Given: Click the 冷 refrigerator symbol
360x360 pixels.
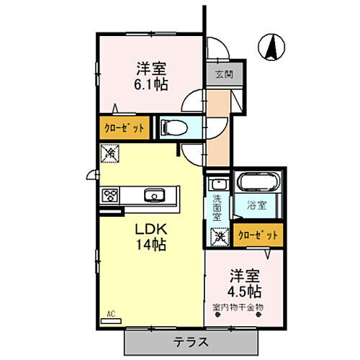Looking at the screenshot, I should tap(110, 153).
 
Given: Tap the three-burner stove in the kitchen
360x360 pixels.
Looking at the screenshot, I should tap(110, 195).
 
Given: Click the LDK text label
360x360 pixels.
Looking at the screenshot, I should tap(150, 229).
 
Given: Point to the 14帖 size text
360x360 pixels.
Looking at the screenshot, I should tap(152, 245).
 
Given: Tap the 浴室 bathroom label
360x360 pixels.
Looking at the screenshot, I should tap(257, 205).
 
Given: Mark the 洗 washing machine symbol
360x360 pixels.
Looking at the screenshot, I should tap(218, 235).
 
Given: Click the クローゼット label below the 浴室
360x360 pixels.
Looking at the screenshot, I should tap(257, 235).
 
